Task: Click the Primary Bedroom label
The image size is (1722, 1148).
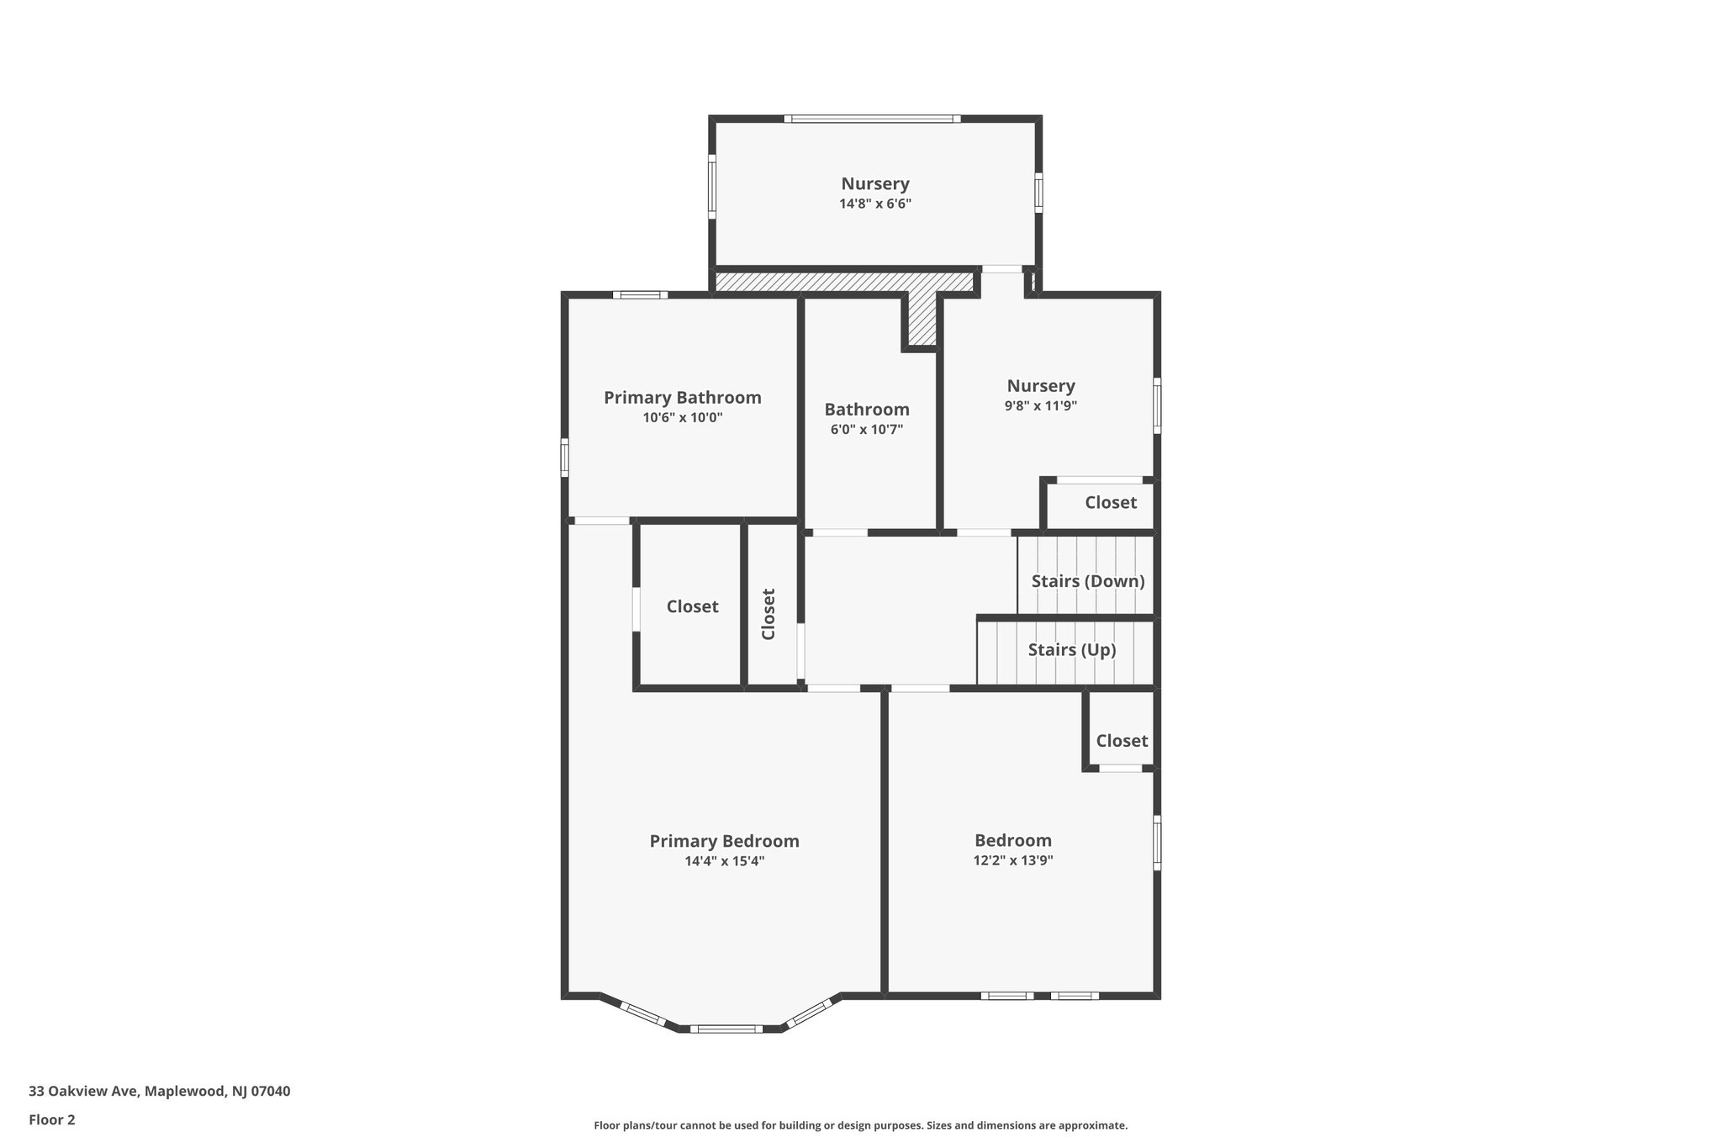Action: [x=724, y=841]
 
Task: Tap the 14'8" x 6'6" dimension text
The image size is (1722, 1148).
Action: [x=874, y=204]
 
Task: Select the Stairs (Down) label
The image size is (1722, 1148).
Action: [x=1087, y=581]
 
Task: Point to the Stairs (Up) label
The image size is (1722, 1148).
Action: [x=1071, y=650]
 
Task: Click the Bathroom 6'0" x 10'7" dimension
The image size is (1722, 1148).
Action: [x=866, y=430]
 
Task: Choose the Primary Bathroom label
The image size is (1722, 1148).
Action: [x=682, y=398]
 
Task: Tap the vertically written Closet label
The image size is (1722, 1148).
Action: [x=769, y=614]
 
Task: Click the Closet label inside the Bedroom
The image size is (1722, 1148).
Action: [x=1121, y=741]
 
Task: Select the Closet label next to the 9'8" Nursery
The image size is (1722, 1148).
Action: [x=1110, y=503]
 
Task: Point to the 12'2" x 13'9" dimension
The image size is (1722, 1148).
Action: [x=1012, y=860]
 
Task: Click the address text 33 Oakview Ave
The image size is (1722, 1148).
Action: [x=159, y=1092]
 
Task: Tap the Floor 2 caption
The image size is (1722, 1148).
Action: [x=51, y=1119]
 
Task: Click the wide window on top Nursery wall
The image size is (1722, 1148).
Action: [x=872, y=119]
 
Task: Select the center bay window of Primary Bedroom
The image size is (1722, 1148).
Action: [x=725, y=1029]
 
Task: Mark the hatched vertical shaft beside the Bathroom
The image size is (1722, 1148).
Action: [x=922, y=319]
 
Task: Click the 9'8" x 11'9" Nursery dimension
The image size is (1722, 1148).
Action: [x=1040, y=405]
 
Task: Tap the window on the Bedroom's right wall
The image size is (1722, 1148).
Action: [x=1157, y=842]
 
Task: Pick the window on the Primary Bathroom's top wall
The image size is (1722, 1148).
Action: [x=640, y=294]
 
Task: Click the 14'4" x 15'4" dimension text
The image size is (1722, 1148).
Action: [x=724, y=861]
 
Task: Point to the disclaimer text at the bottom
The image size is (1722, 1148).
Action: [x=860, y=1125]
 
